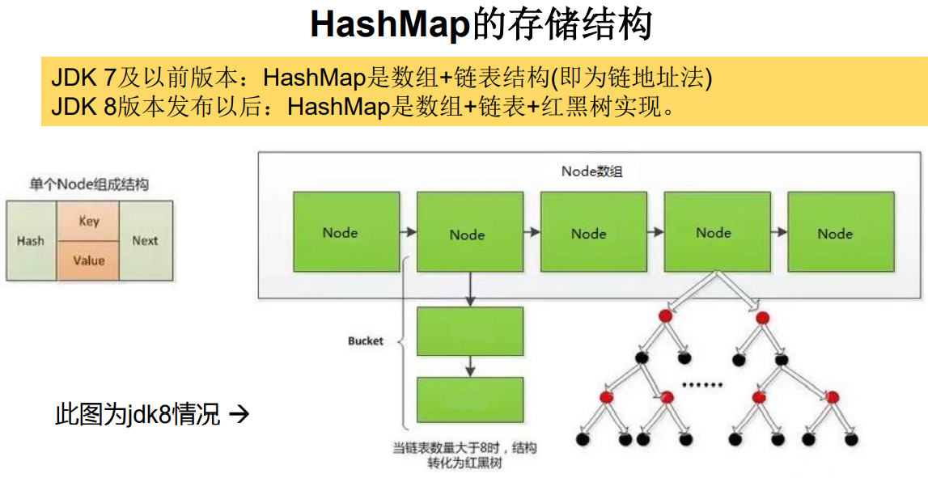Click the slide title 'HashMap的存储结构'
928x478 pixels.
[481, 26]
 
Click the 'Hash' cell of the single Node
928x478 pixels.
[31, 240]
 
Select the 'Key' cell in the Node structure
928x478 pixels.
[89, 221]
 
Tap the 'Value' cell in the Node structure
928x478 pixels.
[89, 260]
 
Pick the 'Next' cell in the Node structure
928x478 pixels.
[145, 240]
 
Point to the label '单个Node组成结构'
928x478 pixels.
[89, 184]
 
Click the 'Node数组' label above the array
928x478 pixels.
[591, 171]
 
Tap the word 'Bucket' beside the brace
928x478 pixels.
[365, 341]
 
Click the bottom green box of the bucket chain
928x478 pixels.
[470, 400]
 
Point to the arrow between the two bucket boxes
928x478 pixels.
[470, 366]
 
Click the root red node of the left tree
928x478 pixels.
[665, 315]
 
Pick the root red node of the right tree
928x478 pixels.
[761, 316]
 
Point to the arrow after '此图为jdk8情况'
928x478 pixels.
[239, 415]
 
